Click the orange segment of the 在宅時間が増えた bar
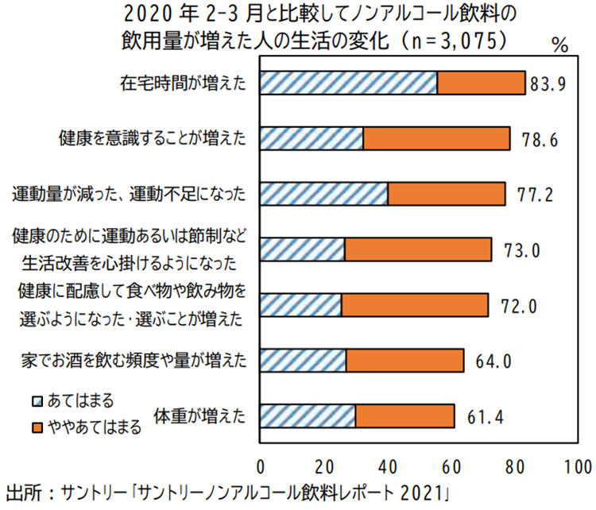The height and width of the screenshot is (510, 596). pos(481,83)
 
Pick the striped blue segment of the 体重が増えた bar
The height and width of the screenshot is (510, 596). pos(308,416)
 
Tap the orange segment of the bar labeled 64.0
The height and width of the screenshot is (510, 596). pos(404,361)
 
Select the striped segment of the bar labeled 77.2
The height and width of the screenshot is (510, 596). pos(323,195)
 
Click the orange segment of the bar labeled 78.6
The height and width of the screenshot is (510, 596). pos(436,139)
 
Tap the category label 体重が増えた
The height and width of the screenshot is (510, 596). pos(199,415)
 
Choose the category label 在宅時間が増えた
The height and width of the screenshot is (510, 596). pos(184,83)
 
